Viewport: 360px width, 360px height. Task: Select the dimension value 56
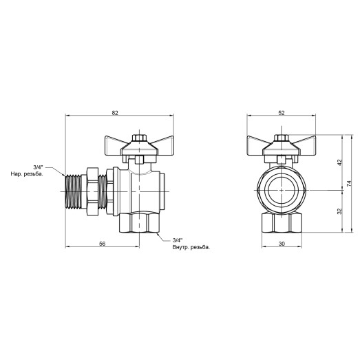click(102, 244)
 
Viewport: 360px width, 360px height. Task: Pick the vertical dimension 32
click(339, 212)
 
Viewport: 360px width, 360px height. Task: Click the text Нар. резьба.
click(27, 174)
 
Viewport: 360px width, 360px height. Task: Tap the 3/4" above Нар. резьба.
click(39, 167)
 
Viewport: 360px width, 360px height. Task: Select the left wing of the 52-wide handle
click(259, 145)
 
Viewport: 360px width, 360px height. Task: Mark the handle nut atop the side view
click(140, 139)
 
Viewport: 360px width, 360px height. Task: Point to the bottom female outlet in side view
click(140, 223)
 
